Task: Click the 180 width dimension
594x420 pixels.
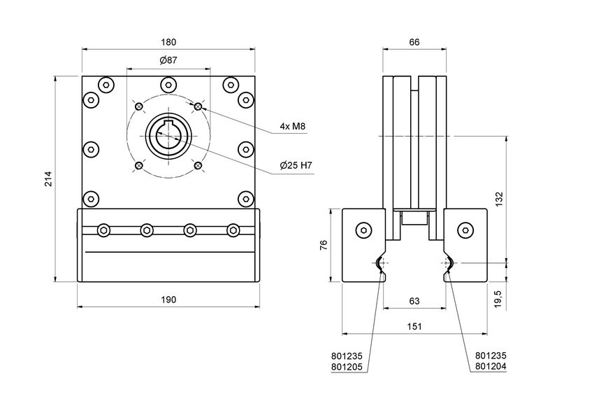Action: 168,42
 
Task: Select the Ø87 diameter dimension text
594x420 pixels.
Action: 168,61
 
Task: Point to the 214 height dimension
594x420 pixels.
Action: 48,180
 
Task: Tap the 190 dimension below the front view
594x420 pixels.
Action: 168,299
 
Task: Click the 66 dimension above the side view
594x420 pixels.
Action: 414,42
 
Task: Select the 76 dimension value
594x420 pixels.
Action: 324,245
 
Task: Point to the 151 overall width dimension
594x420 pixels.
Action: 414,327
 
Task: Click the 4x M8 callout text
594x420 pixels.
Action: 293,127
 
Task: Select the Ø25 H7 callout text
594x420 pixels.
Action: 295,165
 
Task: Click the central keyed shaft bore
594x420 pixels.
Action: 168,136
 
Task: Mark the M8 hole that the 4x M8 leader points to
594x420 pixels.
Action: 198,106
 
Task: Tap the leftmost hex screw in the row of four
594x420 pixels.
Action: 104,230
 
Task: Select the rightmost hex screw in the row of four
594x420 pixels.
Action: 233,230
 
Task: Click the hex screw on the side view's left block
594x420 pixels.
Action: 363,230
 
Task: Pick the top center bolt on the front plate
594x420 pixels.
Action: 168,85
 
